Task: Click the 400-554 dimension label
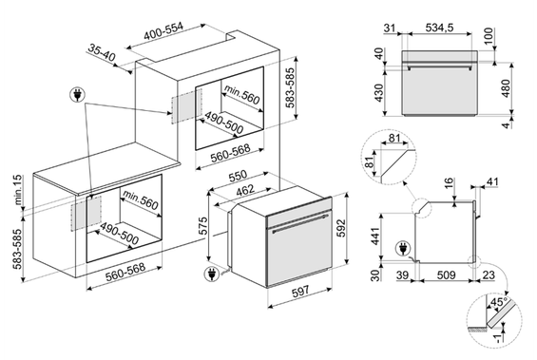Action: pos(163,32)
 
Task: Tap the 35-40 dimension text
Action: pos(102,52)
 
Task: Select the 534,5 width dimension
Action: pos(439,28)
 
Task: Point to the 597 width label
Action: pos(300,292)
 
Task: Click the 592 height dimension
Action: pos(341,228)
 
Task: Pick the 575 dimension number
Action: pos(202,225)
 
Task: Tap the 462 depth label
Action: pos(245,190)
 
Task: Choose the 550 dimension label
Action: pos(238,176)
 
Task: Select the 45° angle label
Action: pos(499,302)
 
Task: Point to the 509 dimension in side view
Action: pos(446,275)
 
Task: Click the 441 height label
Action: pos(375,236)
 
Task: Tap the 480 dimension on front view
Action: pos(506,88)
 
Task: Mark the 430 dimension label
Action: pos(379,93)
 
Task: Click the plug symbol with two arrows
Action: pos(77,95)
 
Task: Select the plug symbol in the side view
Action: pos(403,249)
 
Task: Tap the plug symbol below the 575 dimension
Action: pos(212,275)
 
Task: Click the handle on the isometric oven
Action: pos(300,223)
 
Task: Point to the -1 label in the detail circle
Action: pos(498,338)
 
